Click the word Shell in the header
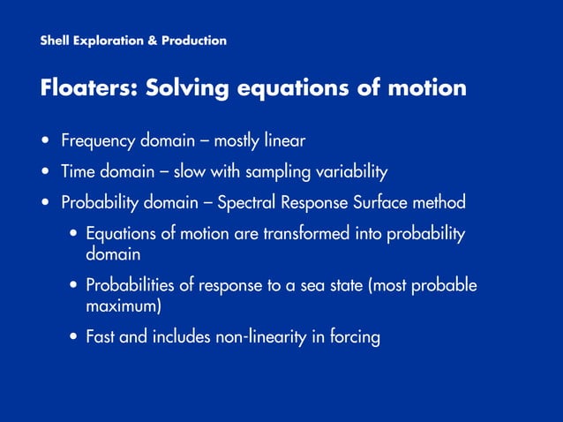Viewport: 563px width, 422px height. click(x=55, y=41)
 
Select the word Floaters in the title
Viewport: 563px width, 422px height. click(x=87, y=89)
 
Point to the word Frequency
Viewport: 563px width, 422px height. click(x=98, y=140)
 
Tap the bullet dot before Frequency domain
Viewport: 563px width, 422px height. click(x=44, y=141)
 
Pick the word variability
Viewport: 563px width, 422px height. click(x=351, y=171)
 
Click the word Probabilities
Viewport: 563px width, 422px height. click(x=127, y=285)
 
